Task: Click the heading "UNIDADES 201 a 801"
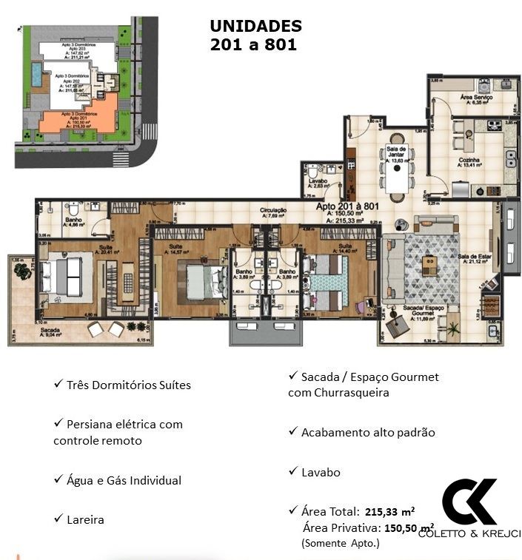(x=255, y=35)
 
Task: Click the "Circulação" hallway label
(x=272, y=213)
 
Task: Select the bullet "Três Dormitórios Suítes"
(x=128, y=385)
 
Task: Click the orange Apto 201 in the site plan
(x=78, y=121)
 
